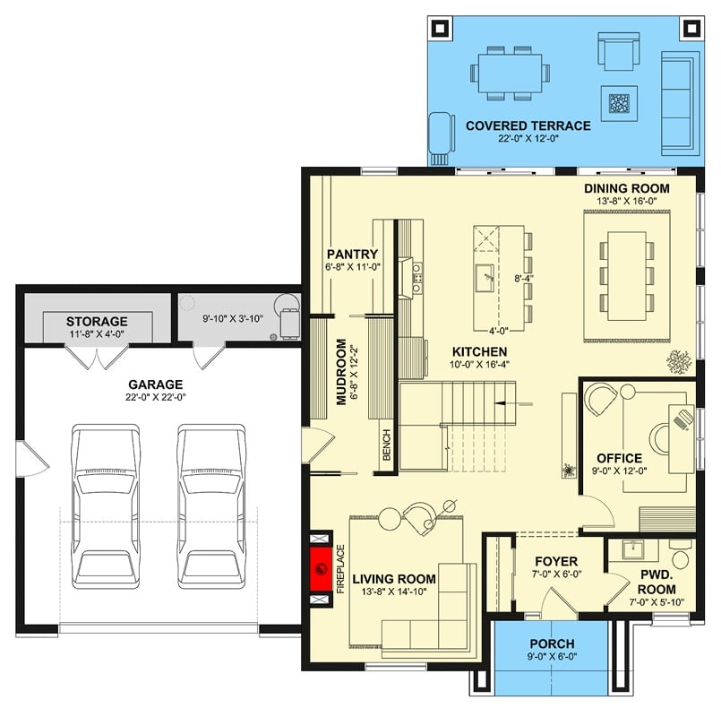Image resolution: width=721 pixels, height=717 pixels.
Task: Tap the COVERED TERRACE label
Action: tap(528, 126)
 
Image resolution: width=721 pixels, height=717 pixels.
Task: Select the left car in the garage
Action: tap(106, 506)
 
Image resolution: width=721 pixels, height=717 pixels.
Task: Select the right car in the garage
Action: tap(210, 506)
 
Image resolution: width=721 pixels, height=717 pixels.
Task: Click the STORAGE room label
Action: tap(97, 321)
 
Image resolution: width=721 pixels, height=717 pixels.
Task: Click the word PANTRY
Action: tap(352, 254)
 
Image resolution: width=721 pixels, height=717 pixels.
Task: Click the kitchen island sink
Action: tap(485, 273)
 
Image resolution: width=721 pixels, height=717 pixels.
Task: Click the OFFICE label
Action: tap(620, 458)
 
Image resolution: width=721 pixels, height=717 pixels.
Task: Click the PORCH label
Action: tap(552, 644)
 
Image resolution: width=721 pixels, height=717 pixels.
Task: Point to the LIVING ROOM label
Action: tap(394, 579)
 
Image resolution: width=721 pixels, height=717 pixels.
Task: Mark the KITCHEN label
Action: tap(480, 351)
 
